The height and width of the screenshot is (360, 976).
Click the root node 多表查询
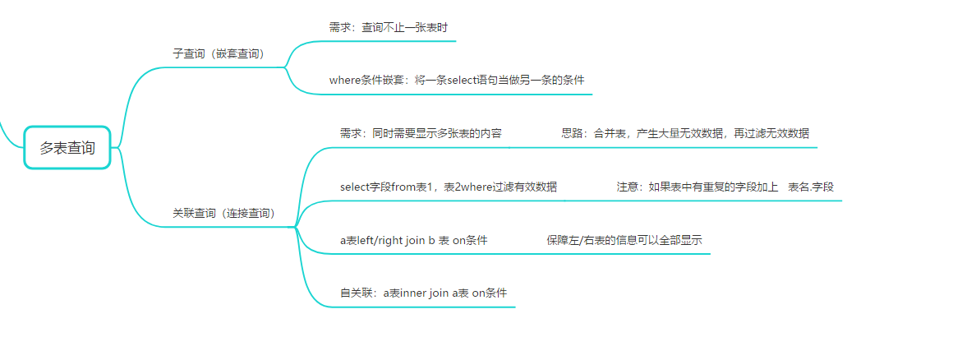[x=67, y=148]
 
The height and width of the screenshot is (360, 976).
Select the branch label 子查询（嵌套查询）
[x=218, y=53]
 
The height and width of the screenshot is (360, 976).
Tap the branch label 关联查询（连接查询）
[x=223, y=213]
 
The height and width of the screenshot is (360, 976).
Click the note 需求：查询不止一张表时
[x=388, y=27]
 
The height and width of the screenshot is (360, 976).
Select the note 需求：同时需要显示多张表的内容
[x=421, y=133]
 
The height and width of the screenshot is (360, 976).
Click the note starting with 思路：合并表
[x=685, y=133]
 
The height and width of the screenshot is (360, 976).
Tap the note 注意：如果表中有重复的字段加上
[x=697, y=187]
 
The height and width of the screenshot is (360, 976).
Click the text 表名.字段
[x=811, y=187]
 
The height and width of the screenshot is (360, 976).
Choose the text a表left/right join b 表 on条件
[x=413, y=241]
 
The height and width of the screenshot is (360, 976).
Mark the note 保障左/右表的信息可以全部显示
[x=624, y=241]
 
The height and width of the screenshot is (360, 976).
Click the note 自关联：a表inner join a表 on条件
[x=423, y=293]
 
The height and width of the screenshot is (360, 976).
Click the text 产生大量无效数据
[x=679, y=133]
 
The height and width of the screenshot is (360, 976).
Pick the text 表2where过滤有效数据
[x=500, y=187]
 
